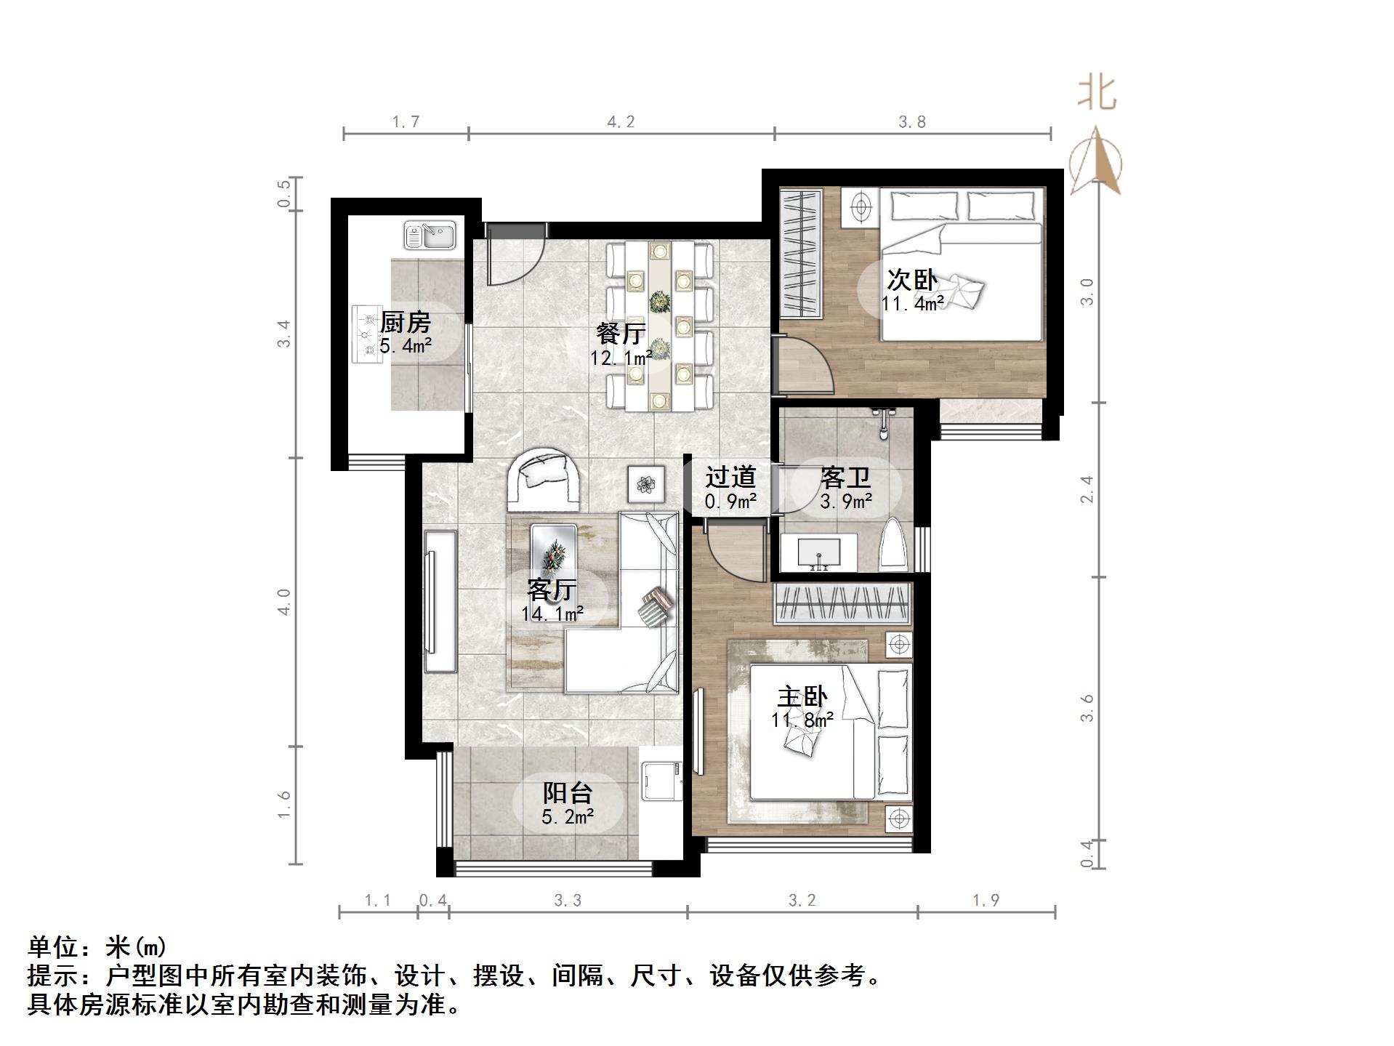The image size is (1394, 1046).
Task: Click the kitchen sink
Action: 430,235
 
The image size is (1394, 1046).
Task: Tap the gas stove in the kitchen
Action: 367,334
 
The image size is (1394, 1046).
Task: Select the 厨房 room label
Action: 406,322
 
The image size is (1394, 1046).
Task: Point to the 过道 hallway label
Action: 730,478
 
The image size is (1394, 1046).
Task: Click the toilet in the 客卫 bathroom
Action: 894,546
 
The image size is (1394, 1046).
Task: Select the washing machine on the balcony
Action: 661,781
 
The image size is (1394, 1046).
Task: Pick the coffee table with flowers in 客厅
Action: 555,556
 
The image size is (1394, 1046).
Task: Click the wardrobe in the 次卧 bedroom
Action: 800,253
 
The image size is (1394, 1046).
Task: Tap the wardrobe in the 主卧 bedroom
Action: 842,603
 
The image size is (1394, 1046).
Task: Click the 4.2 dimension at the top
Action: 621,121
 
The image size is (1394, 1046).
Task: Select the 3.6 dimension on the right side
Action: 1087,707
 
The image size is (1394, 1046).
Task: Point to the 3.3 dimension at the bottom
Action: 568,901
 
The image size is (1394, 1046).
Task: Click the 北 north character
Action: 1097,94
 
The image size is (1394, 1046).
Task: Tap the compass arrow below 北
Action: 1097,162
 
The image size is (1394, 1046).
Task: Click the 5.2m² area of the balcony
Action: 568,817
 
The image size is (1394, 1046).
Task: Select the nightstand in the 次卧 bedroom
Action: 861,206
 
